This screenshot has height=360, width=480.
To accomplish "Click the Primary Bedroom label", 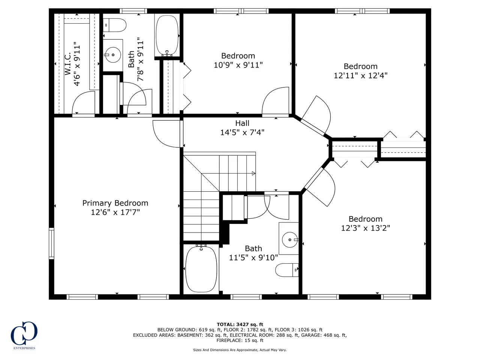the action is pos(115,203).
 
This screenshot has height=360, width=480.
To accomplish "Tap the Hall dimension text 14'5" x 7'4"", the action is pos(242,132).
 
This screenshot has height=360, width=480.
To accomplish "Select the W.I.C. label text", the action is pos(68,64).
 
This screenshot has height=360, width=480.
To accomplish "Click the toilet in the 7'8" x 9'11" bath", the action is pos(115,25).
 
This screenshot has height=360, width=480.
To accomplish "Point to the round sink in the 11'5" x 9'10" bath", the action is pos(289,240).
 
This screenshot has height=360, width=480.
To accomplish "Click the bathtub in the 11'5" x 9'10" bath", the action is pos(201,269).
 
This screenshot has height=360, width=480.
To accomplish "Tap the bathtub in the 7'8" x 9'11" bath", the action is pos(167,35).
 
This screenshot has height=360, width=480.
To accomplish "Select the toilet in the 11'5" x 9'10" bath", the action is pos(287,270).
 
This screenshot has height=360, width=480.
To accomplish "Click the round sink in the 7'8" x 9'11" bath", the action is pos(113,55).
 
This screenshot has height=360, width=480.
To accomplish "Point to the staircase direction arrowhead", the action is pos(253,173).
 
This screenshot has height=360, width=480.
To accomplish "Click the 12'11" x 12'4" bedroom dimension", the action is pos(360,76).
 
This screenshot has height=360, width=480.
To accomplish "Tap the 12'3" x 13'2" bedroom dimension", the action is pos(365,228).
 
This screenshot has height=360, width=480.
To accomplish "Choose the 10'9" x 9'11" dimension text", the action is pos(238,65).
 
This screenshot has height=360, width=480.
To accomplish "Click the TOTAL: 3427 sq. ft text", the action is pos(240,324).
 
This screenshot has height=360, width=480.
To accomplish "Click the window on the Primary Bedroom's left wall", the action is pos(51,243).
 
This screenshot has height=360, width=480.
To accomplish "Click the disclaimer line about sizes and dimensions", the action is pos(240,350).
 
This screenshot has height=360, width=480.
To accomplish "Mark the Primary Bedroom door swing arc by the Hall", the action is pos(160,140).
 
